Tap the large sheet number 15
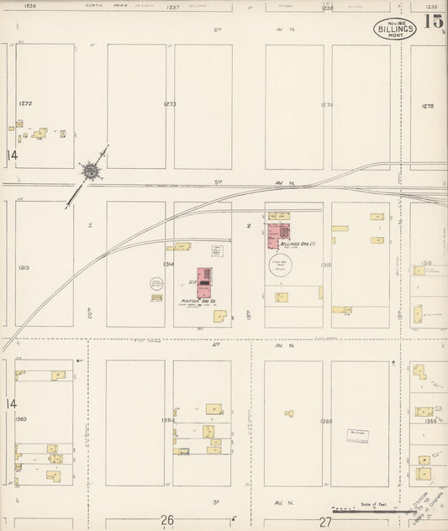434,22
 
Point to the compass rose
89,171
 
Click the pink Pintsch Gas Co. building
203,281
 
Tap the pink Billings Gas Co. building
278,234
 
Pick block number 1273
170,105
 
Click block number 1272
25,103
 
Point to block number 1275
428,106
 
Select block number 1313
24,268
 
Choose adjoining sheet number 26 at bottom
167,520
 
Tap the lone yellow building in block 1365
289,413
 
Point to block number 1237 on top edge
174,6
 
